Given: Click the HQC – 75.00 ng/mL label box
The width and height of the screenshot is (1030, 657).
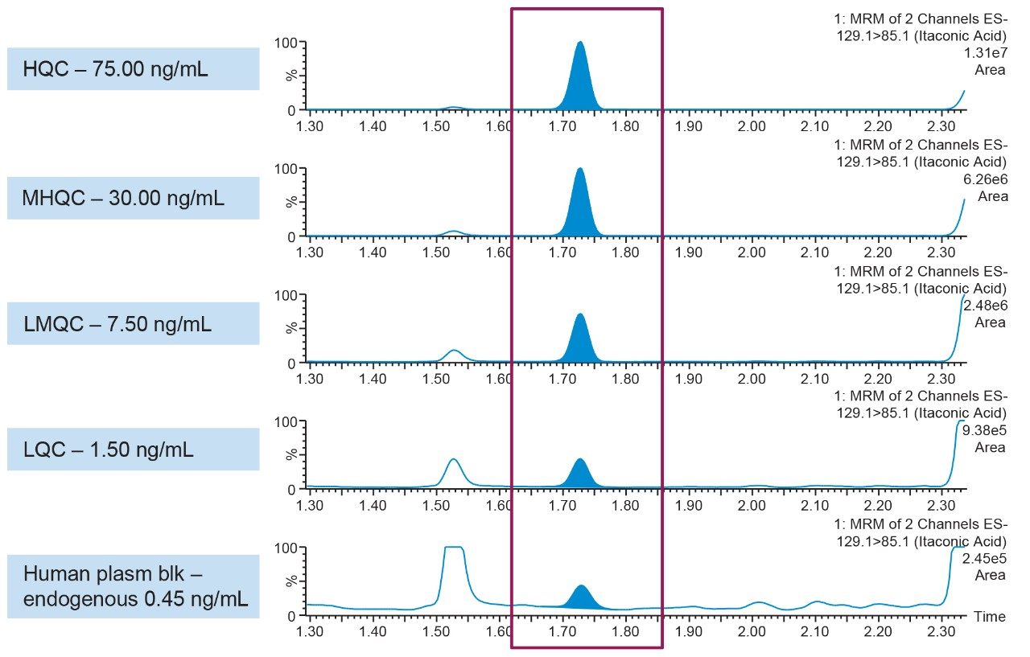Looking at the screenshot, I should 133,68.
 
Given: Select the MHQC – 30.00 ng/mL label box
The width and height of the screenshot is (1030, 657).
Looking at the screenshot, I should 133,198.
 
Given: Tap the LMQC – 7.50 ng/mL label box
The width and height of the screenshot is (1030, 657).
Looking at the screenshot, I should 133,323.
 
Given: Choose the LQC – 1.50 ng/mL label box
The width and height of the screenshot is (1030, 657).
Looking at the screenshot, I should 133,449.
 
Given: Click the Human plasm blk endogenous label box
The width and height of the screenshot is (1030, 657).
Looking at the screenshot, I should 133,586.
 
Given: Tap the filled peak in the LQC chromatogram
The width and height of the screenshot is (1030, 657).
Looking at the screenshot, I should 580,476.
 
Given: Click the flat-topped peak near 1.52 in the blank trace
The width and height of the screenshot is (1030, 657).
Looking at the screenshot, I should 454,563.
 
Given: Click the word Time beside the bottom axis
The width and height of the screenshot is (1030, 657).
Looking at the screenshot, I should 989,617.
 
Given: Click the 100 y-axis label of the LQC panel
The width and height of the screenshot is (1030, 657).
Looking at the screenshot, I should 287,421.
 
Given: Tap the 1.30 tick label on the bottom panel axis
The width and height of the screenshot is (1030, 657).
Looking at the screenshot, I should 310,632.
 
